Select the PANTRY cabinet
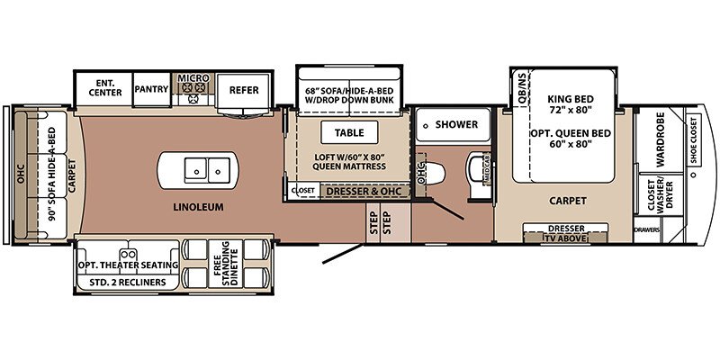[151, 89]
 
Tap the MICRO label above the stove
[193, 78]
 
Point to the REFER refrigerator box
[243, 91]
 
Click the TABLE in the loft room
[349, 132]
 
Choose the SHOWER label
[456, 124]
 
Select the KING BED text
[571, 99]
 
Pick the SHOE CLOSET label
[693, 140]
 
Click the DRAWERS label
[647, 230]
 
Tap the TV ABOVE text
[565, 238]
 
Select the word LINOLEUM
[198, 207]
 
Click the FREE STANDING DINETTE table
[226, 264]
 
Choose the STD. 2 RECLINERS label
[127, 282]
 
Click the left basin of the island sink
[196, 170]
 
